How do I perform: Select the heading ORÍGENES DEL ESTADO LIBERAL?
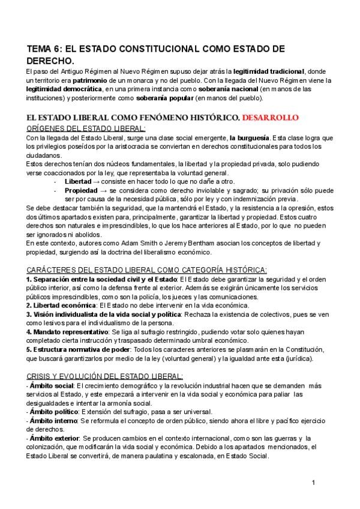pos(86,128)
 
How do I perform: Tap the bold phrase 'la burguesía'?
pos(249,138)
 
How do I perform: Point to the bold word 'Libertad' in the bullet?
pos(78,181)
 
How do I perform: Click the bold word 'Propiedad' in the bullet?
pos(80,190)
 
